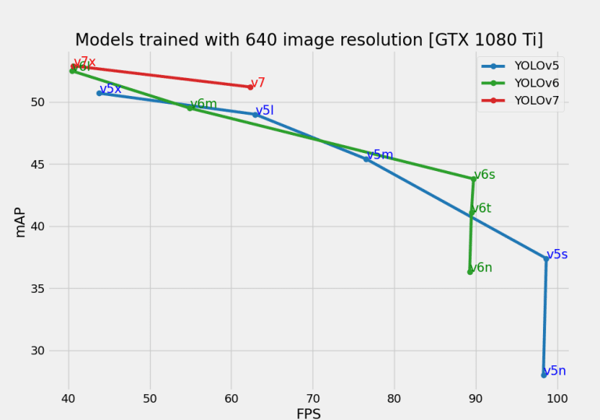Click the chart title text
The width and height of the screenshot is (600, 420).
(309, 40)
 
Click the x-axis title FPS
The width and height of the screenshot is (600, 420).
(309, 413)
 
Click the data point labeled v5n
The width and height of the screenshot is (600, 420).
(544, 375)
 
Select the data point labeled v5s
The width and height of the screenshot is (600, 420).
(546, 259)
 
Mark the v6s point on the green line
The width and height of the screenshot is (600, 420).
(473, 179)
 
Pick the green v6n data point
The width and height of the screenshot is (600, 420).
(470, 272)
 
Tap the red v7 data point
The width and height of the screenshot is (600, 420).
(251, 87)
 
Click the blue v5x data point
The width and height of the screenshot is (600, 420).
(100, 93)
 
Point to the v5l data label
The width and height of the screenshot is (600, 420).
(265, 111)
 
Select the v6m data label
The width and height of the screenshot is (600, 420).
(203, 105)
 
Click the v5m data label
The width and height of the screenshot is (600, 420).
(380, 155)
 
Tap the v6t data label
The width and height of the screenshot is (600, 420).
(481, 208)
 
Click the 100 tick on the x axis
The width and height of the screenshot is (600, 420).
(557, 398)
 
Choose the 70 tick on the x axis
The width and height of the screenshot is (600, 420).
(312, 398)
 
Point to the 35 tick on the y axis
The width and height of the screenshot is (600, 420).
(49, 289)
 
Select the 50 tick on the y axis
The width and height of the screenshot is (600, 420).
(49, 102)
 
